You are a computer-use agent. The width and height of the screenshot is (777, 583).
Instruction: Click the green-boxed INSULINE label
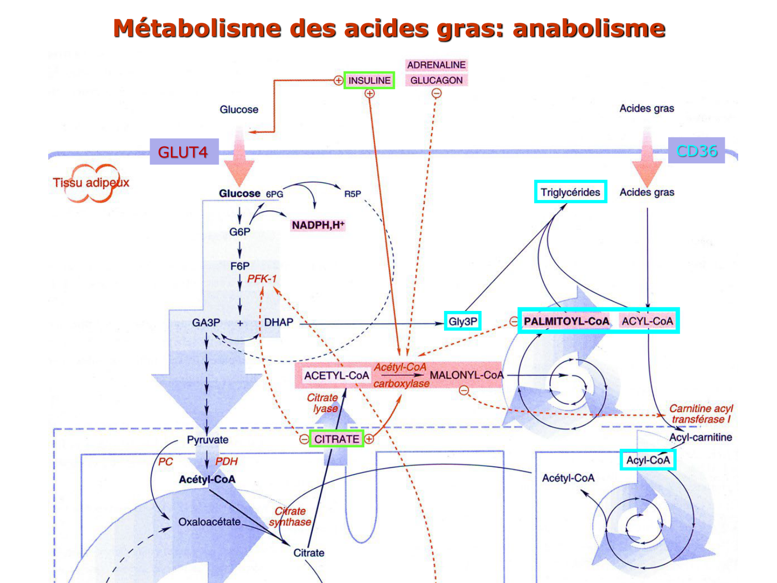pyautogui.click(x=369, y=80)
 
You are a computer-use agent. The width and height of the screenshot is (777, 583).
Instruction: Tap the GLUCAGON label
pyautogui.click(x=436, y=80)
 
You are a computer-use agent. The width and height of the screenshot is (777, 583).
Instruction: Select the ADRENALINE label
pyautogui.click(x=436, y=65)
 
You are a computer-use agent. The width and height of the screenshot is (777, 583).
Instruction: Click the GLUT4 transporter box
pyautogui.click(x=183, y=152)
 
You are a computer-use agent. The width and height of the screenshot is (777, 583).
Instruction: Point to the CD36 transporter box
pyautogui.click(x=696, y=151)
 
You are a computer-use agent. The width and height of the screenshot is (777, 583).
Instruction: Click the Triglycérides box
pyautogui.click(x=570, y=192)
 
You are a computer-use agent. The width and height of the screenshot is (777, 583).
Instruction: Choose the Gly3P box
pyautogui.click(x=463, y=321)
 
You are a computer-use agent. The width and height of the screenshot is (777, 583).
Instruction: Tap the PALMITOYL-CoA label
pyautogui.click(x=566, y=321)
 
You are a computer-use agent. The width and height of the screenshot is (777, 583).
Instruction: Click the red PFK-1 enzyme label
pyautogui.click(x=262, y=279)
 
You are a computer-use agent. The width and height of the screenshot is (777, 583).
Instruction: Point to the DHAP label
pyautogui.click(x=279, y=322)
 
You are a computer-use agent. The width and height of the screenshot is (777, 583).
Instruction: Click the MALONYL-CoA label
pyautogui.click(x=466, y=375)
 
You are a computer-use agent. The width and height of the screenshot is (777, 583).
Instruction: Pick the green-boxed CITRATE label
pyautogui.click(x=337, y=439)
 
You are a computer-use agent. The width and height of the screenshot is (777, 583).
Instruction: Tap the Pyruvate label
pyautogui.click(x=208, y=439)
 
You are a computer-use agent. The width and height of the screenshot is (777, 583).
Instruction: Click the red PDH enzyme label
pyautogui.click(x=226, y=461)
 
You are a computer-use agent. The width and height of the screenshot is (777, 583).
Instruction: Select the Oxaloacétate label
pyautogui.click(x=209, y=522)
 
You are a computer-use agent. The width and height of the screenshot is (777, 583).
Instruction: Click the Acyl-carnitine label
pyautogui.click(x=700, y=437)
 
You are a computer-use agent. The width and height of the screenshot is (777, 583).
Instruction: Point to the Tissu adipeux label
pyautogui.click(x=91, y=182)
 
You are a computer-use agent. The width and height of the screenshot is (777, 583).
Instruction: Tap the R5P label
pyautogui.click(x=352, y=194)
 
